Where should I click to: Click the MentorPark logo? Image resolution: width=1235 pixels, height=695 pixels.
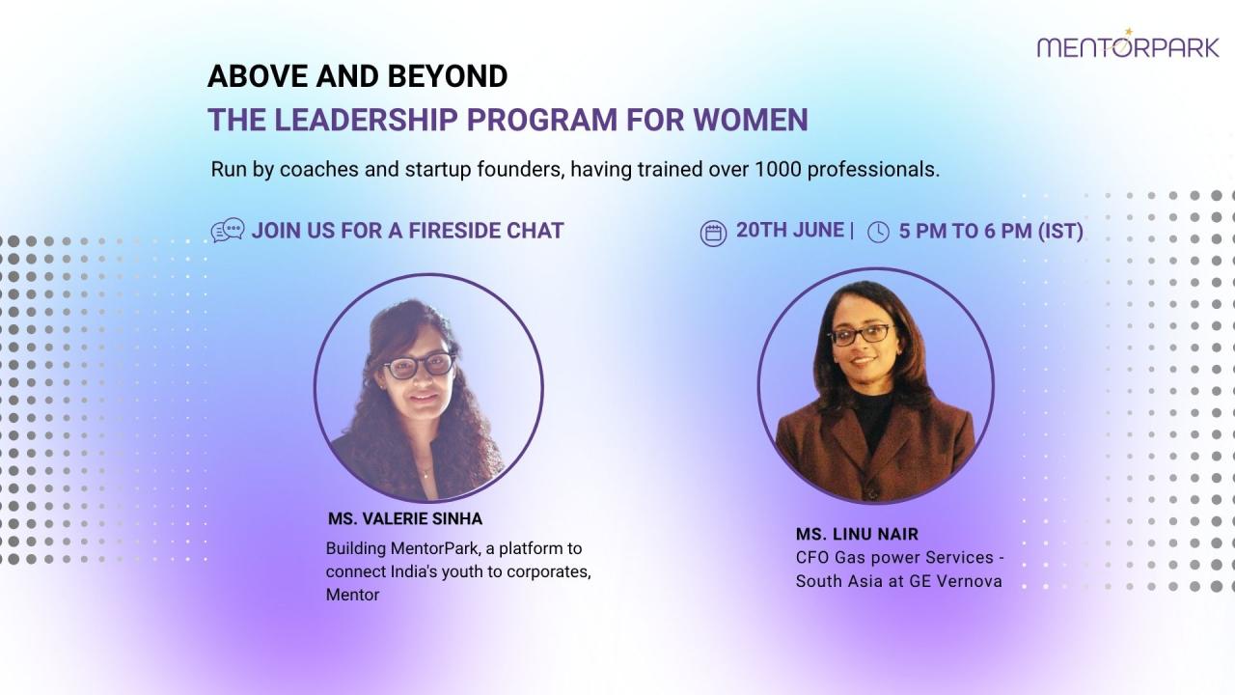point(1128,44)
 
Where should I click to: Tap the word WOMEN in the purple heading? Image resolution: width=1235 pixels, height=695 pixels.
point(751,120)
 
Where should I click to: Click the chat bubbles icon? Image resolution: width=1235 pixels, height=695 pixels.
point(228,230)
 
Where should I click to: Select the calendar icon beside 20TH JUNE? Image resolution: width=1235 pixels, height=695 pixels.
point(713,234)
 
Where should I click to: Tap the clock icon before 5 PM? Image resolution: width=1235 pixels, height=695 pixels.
point(878,233)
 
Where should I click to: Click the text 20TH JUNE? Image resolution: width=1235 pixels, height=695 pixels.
point(790,230)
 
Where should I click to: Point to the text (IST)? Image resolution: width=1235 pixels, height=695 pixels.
point(1060,231)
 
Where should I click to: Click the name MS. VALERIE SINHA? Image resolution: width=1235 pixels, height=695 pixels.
point(405,519)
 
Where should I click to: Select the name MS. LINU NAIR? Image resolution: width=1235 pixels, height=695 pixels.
point(858,534)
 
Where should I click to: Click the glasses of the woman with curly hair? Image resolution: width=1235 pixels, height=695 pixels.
point(420,366)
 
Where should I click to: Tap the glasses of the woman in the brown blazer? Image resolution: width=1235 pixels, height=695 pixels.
point(861,334)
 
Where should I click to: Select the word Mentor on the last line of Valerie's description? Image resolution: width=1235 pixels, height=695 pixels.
point(352,596)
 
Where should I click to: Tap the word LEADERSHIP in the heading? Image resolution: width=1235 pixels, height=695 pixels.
point(366,120)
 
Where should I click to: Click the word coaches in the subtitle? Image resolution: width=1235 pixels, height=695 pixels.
point(319,169)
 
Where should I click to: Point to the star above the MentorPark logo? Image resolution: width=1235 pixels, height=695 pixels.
point(1129,32)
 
